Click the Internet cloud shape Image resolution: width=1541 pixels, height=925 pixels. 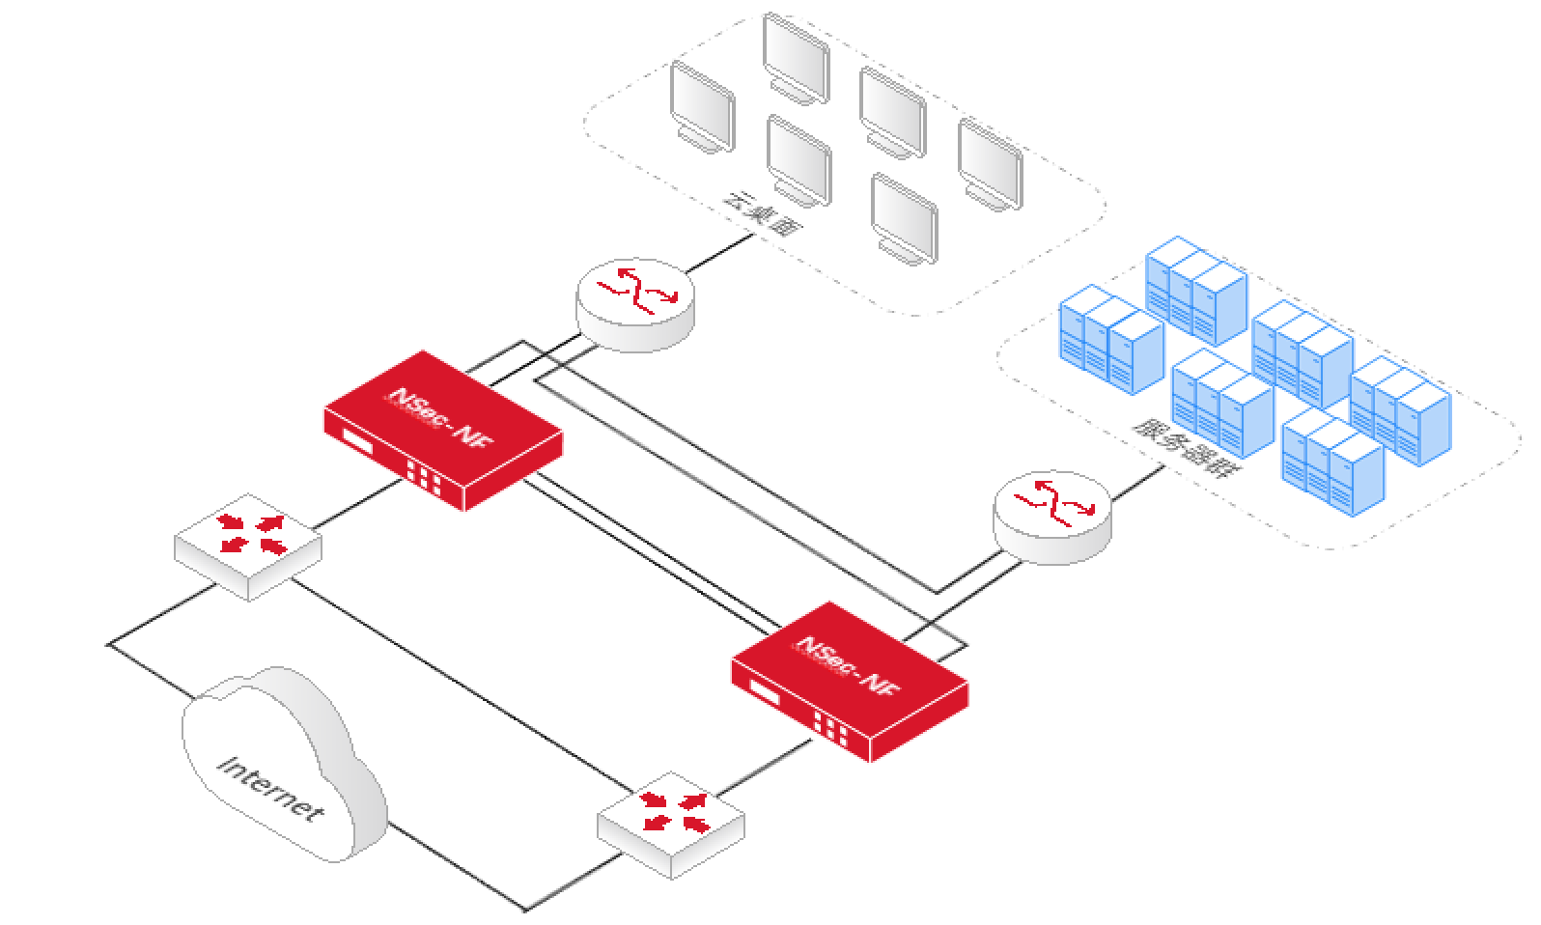[x=280, y=768]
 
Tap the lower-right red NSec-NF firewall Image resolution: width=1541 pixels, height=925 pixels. [x=850, y=681]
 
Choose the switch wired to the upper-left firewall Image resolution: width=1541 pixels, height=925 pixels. [x=247, y=546]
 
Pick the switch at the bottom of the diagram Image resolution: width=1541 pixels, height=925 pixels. [x=671, y=824]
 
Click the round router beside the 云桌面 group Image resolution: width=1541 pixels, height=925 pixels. [x=634, y=301]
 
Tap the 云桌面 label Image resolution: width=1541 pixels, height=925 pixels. [x=764, y=213]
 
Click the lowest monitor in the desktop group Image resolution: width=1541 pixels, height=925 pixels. [x=904, y=217]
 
